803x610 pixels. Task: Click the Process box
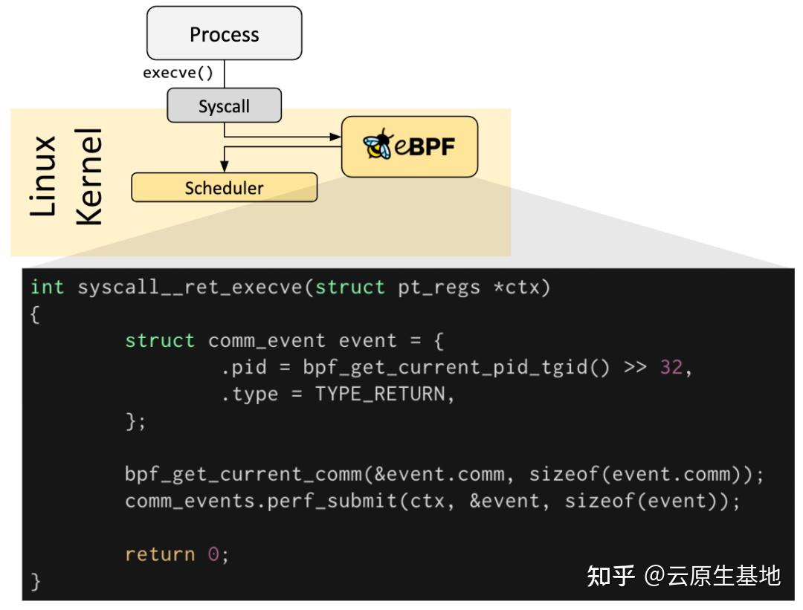coord(224,33)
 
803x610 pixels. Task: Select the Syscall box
coord(224,106)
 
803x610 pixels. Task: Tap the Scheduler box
coord(224,188)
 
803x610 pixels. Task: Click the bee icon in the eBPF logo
coord(378,145)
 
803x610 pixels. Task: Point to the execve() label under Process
coord(178,74)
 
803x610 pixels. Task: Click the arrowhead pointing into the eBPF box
coord(335,137)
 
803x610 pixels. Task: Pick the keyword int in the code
coord(48,288)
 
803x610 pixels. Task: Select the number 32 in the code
coord(671,367)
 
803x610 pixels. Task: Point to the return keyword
coord(159,554)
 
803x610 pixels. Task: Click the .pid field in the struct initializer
coord(244,367)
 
